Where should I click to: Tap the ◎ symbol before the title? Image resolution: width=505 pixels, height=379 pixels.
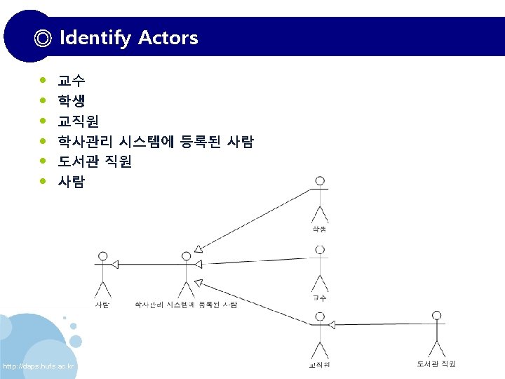tap(43, 38)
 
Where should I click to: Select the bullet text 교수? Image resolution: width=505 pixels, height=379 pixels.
tap(72, 81)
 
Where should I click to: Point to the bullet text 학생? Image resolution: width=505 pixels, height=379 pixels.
tap(72, 101)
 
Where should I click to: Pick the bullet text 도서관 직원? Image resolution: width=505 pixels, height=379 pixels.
tap(95, 161)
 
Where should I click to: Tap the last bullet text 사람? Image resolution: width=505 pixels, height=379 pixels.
tap(72, 182)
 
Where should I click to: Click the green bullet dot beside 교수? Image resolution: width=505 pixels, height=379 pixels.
tap(44, 81)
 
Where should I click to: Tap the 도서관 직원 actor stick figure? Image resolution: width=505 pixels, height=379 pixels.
tap(437, 333)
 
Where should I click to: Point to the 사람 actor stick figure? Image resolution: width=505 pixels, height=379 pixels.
tap(103, 274)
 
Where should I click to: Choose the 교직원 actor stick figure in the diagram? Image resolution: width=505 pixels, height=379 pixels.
tap(320, 336)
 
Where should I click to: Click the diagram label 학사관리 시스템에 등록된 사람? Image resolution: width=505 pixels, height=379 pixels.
tap(186, 305)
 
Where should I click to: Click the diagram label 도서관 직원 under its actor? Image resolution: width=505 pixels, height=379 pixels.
tap(436, 364)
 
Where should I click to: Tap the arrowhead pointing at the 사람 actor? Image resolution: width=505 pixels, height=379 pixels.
tap(116, 264)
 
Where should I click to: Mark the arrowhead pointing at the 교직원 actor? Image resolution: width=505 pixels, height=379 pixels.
tap(333, 325)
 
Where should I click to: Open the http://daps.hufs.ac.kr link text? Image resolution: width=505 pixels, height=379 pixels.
tap(39, 367)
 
